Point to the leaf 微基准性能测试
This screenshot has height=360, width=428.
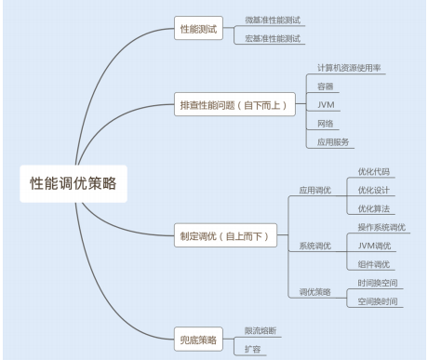point(272,20)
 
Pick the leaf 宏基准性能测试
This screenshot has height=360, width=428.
point(272,39)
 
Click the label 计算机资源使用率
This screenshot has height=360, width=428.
point(348,68)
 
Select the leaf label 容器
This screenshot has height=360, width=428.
point(325,86)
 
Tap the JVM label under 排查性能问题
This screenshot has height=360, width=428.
point(325,104)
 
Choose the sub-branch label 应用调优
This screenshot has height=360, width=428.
point(314,190)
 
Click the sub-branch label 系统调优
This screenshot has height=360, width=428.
point(314,246)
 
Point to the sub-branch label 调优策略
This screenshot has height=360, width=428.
point(314,291)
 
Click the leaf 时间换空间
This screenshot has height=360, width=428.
point(378,282)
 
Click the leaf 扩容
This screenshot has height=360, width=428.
point(252,349)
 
